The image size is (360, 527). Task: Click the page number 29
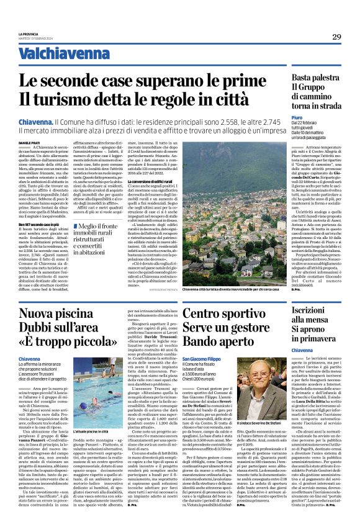click(x=336, y=37)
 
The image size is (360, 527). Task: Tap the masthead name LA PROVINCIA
click(x=29, y=34)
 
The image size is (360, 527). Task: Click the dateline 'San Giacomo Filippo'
click(x=219, y=359)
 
